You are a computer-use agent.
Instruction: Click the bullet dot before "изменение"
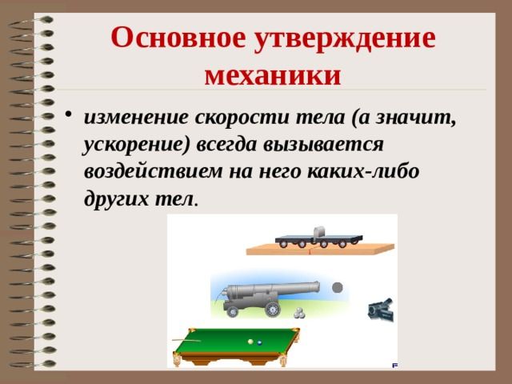72,118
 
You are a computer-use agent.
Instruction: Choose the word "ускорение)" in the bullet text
138,146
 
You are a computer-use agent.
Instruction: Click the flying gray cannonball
337,287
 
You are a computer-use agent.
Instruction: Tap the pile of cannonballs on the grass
299,314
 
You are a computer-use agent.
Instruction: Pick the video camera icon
379,310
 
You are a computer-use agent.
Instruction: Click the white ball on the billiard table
250,342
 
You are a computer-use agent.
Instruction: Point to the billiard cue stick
185,341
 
